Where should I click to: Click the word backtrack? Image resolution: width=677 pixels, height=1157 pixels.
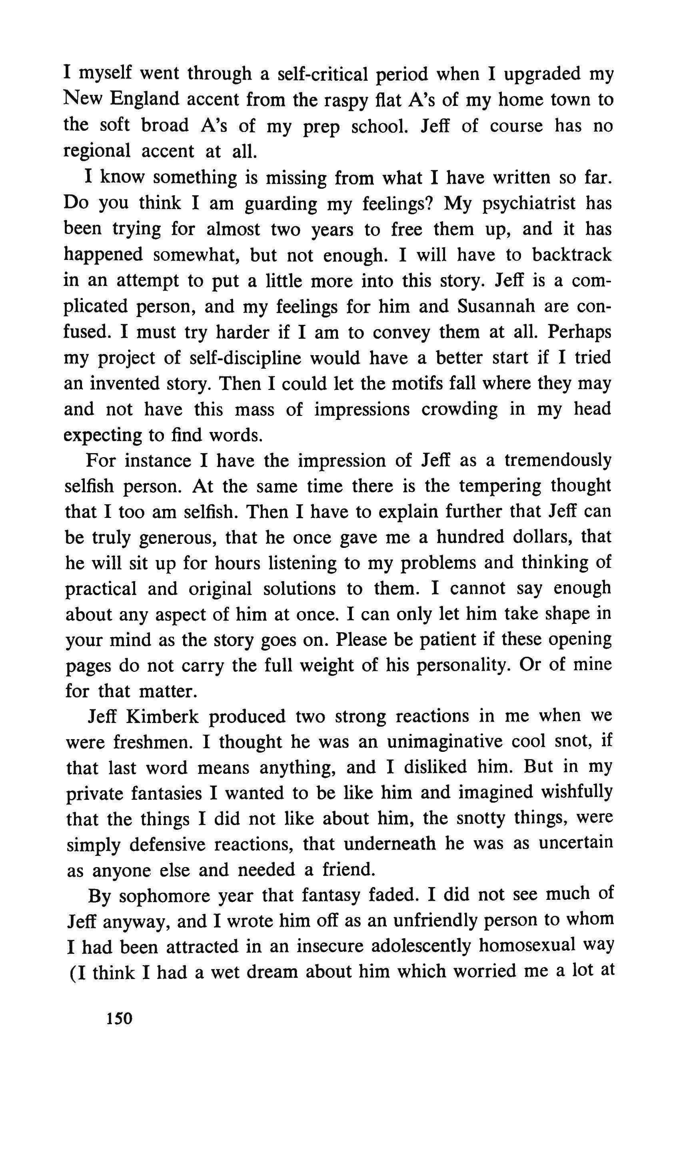pyautogui.click(x=571, y=255)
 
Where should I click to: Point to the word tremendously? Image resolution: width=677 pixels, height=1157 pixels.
pyautogui.click(x=558, y=460)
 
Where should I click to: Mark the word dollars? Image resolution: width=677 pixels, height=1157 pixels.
pyautogui.click(x=536, y=537)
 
